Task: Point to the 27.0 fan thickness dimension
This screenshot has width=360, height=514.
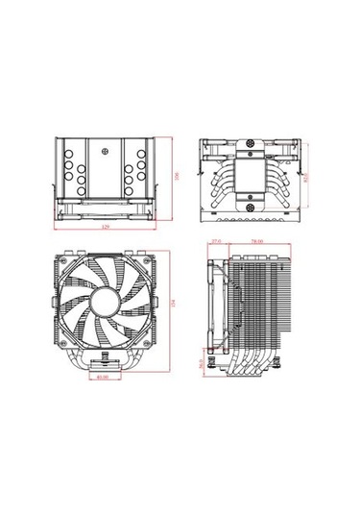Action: click(x=217, y=241)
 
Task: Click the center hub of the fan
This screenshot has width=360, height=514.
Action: click(x=103, y=305)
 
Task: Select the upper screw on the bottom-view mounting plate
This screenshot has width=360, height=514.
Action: click(x=252, y=150)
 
